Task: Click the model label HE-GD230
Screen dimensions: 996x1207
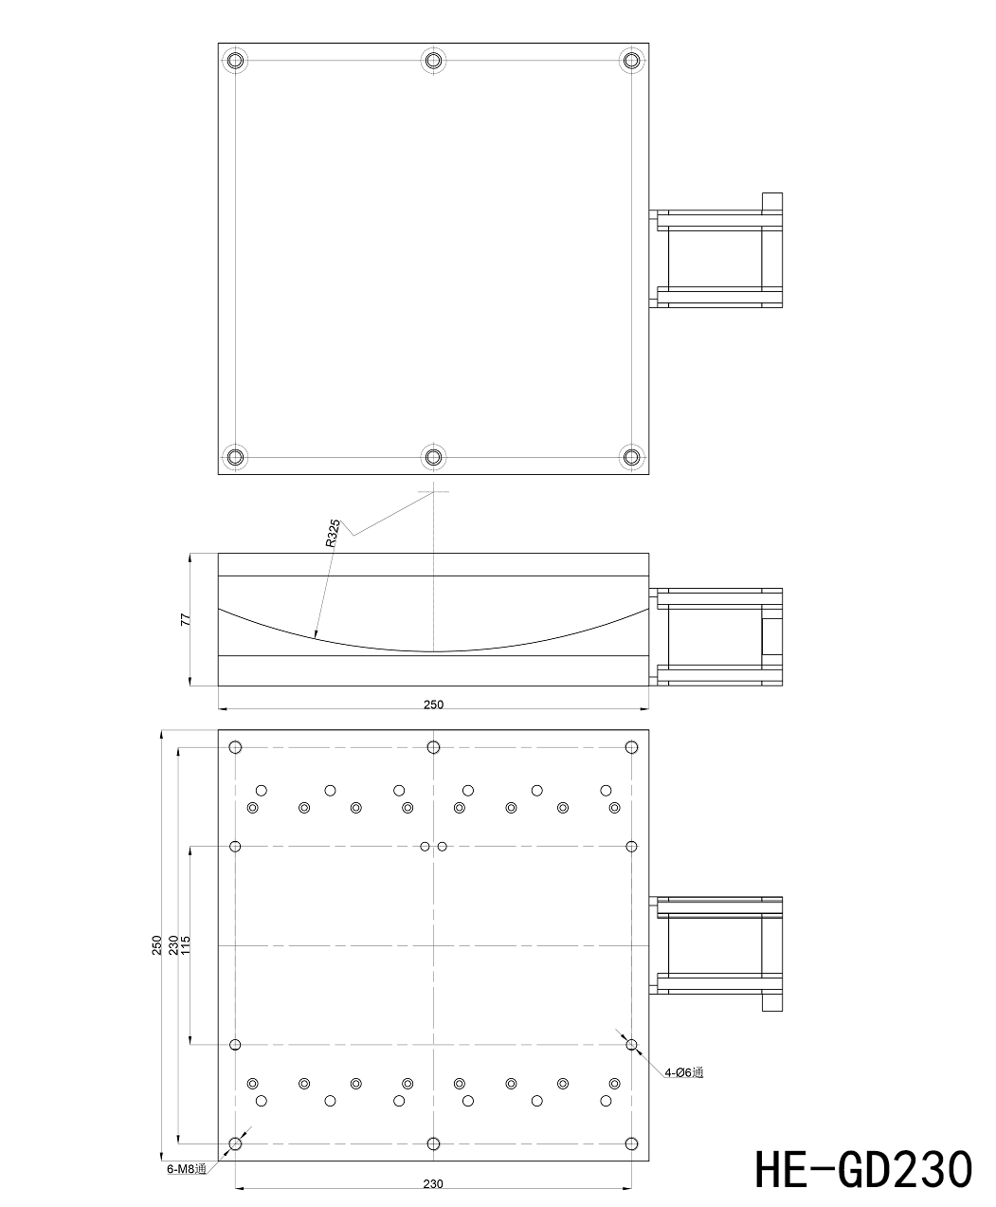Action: (863, 1168)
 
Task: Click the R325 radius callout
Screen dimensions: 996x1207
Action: (333, 533)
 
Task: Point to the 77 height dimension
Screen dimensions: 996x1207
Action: (186, 620)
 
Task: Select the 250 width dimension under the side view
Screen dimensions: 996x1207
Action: (433, 704)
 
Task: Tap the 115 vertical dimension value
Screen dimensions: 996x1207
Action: (186, 945)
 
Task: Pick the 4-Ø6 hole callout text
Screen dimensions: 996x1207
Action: (684, 1072)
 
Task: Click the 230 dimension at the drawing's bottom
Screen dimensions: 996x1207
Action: (433, 1184)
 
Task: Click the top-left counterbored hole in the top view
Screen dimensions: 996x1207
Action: (235, 60)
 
